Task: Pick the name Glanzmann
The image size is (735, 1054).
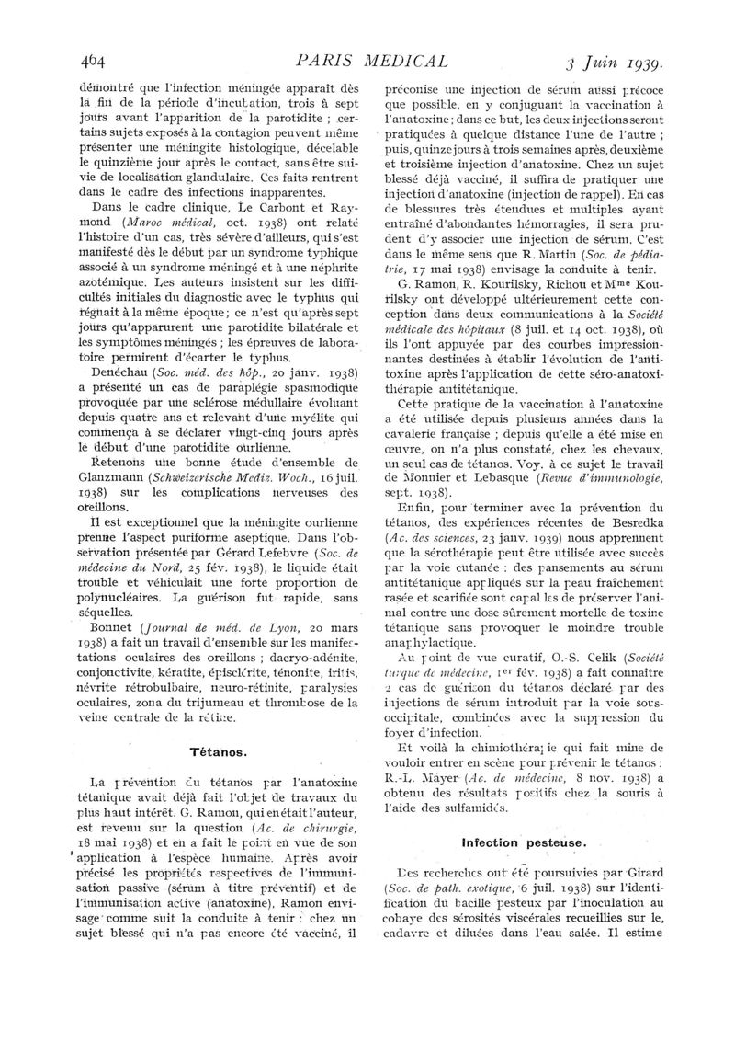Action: (x=103, y=479)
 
